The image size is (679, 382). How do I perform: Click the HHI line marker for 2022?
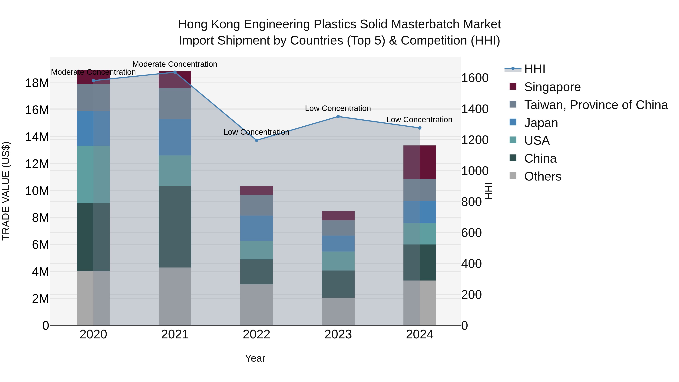click(257, 140)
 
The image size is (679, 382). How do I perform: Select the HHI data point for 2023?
click(338, 117)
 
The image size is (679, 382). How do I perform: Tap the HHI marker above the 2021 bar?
click(175, 72)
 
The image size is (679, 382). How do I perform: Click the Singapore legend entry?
click(552, 87)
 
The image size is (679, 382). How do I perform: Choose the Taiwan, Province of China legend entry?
click(596, 105)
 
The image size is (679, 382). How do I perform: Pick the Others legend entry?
click(542, 176)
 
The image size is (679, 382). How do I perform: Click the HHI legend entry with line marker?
click(534, 69)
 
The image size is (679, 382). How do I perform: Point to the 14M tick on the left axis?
click(37, 137)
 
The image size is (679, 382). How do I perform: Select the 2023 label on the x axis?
click(338, 334)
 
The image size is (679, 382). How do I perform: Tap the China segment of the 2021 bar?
click(175, 227)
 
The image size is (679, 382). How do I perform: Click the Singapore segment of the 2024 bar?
click(420, 162)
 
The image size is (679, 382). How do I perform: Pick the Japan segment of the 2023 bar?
click(338, 243)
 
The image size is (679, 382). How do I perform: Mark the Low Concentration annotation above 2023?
click(338, 108)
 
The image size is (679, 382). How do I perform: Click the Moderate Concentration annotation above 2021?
click(175, 64)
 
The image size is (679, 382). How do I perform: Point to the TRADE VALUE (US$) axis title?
click(6, 191)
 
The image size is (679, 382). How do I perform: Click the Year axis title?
click(255, 358)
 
